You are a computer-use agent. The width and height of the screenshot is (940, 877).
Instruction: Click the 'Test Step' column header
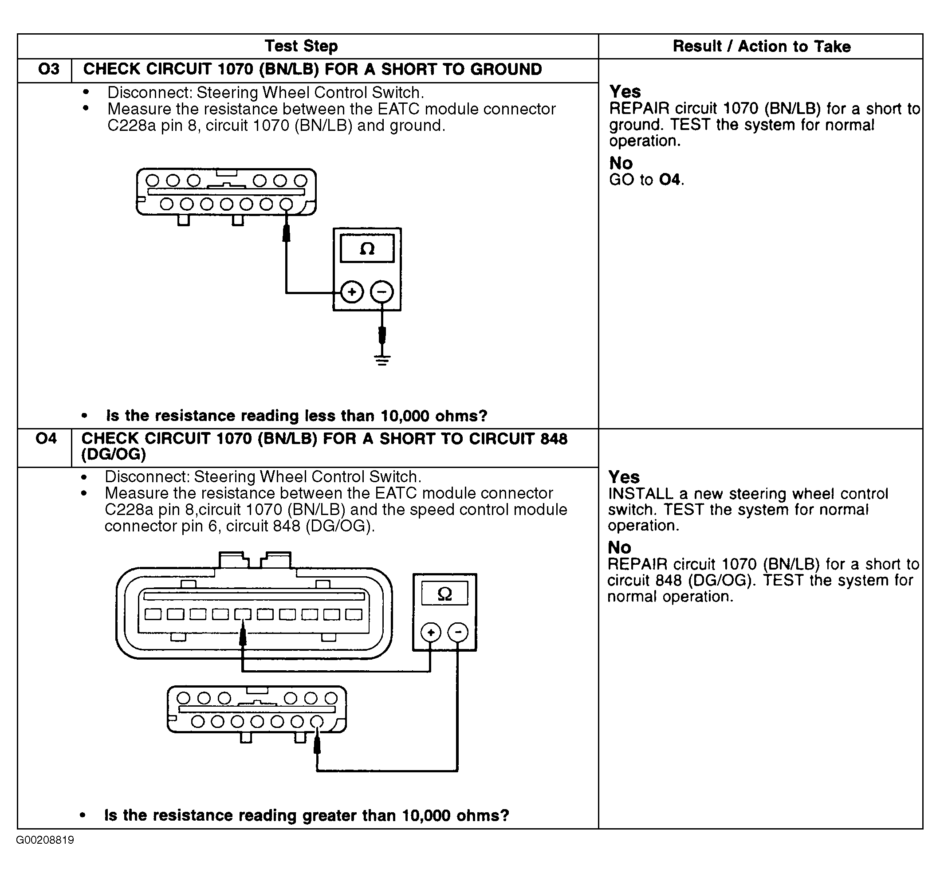tap(301, 46)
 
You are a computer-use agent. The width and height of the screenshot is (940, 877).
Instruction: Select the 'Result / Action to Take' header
tap(761, 46)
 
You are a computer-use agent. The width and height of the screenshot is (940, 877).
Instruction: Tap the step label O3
tap(49, 70)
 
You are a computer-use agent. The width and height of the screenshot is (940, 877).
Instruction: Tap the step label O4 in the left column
tap(46, 438)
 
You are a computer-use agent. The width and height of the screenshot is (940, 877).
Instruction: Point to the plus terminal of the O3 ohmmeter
tap(352, 292)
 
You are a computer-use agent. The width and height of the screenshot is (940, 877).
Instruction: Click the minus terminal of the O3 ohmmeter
tap(382, 292)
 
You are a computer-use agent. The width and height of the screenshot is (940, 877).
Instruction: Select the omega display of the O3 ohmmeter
tap(367, 249)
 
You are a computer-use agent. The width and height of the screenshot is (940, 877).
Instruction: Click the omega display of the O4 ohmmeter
tap(444, 594)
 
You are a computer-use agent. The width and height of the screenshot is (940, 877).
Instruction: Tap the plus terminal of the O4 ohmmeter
tap(431, 632)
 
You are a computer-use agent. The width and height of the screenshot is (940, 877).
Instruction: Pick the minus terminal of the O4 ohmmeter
tap(457, 632)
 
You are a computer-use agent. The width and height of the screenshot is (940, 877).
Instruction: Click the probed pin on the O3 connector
tap(286, 205)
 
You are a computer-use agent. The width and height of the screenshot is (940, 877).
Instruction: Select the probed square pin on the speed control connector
tap(243, 614)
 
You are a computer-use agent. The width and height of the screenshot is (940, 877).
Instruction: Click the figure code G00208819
tap(45, 840)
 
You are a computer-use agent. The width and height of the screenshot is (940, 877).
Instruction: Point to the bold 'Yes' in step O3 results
tap(625, 91)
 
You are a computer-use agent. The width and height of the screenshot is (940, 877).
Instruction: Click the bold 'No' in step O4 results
tap(619, 547)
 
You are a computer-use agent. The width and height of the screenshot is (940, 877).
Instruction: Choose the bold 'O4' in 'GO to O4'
tap(670, 180)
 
